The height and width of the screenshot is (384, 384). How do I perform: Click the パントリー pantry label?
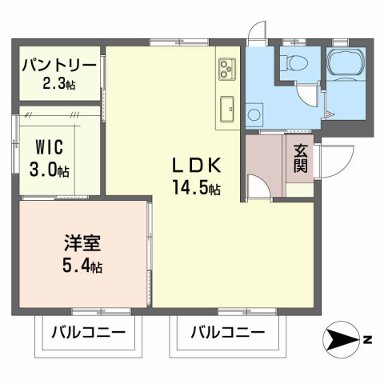(59, 64)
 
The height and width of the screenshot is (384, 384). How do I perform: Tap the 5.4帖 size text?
(83, 266)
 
